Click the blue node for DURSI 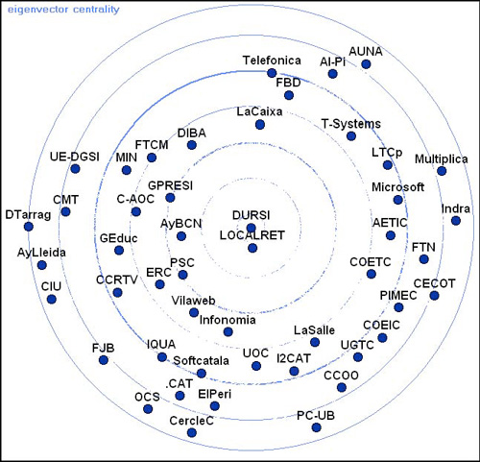pos(252,228)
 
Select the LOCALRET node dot pos(252,248)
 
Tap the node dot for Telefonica pos(272,73)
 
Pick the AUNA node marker pos(366,64)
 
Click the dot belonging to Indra pos(456,221)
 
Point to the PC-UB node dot pos(316,427)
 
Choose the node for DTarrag pos(29,227)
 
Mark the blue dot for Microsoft pos(398,200)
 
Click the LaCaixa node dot pos(260,124)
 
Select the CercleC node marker pos(192,432)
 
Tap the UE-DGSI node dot pos(75,168)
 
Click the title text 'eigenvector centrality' pos(63,10)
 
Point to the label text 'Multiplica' pos(442,158)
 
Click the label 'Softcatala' pos(201,360)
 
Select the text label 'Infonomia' pos(228,320)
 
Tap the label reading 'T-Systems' pos(351,124)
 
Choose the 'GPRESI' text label pos(170,185)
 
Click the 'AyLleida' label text pos(41,253)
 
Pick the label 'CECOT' pos(434,283)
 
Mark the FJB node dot pos(104,360)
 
